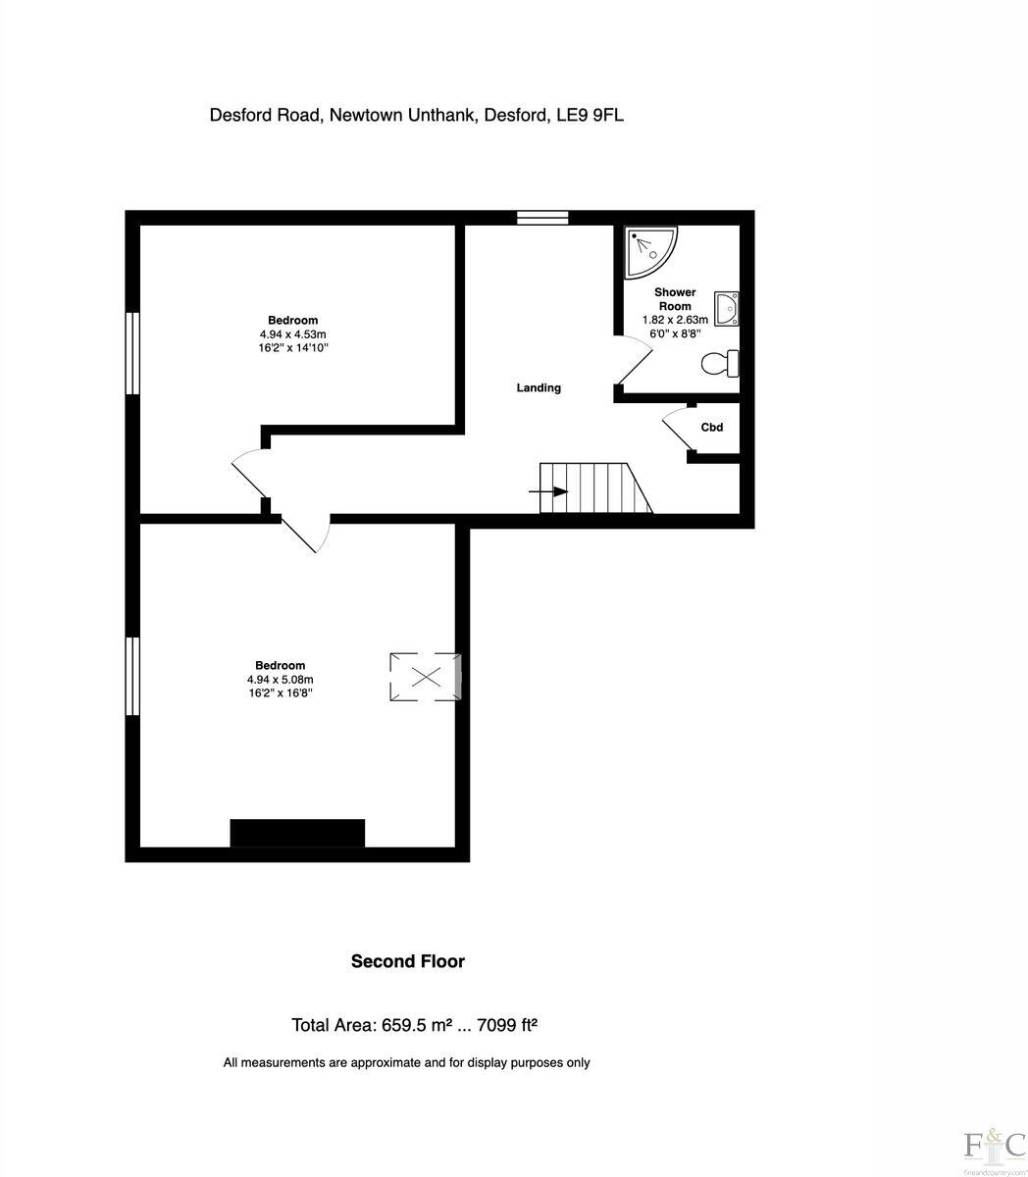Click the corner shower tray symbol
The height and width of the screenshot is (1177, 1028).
tap(648, 251)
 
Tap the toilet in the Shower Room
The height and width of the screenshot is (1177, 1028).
tap(720, 364)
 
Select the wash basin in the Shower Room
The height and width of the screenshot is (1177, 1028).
tap(727, 308)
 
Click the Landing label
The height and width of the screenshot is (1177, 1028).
tap(539, 388)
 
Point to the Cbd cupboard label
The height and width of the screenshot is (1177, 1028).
tap(712, 428)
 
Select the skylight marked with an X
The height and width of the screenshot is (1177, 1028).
tap(425, 676)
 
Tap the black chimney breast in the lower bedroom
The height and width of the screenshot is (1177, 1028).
tap(297, 833)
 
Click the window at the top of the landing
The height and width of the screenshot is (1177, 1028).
tap(542, 218)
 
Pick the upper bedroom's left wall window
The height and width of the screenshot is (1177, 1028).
tap(132, 353)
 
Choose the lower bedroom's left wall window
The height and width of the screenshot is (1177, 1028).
tap(132, 676)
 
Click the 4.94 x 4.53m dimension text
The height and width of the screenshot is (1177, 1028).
tap(292, 334)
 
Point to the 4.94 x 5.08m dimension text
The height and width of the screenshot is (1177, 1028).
tap(281, 680)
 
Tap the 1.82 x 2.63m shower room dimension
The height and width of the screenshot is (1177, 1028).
tap(675, 320)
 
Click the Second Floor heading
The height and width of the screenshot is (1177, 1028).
tap(408, 961)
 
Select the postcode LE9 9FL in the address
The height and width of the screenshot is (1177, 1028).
tap(590, 116)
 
